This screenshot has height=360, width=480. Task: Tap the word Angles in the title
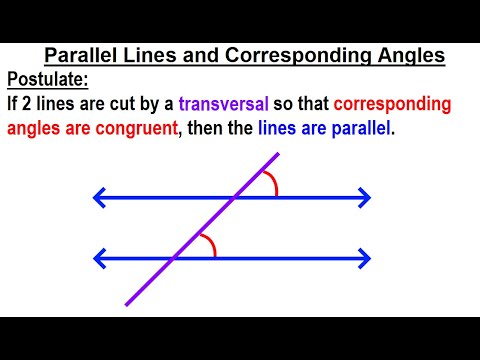[x=409, y=56]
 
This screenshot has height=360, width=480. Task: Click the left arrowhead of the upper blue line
[x=97, y=198]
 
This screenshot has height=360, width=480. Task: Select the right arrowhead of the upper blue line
[x=366, y=198]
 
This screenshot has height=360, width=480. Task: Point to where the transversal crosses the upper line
[x=234, y=198]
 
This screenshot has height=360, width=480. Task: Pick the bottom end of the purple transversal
[x=128, y=303]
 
